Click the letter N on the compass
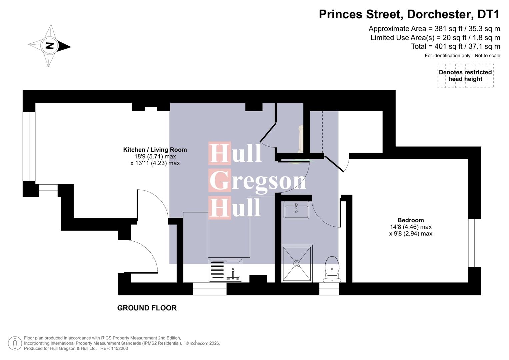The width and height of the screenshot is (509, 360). coord(50,46)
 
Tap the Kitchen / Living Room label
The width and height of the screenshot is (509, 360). coord(155,150)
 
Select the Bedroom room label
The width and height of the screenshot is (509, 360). coord(411,220)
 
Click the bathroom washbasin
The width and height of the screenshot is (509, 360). coord(296,210)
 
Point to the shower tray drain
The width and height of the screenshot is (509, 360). coord(297,263)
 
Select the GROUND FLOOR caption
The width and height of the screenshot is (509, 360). coord(147,308)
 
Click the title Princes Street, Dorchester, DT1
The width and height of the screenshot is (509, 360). coord(409,14)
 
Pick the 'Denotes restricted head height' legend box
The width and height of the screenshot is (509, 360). coord(465,76)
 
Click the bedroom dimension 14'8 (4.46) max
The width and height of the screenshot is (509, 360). coord(411,227)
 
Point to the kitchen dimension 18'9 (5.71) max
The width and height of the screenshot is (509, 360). coord(155,156)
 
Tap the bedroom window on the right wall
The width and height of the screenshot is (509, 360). coord(475,243)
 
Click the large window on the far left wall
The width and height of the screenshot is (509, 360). coord(29,146)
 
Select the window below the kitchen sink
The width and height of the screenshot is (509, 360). coord(210,289)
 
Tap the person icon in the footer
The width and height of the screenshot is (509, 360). coord(15,343)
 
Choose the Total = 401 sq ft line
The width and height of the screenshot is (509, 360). coord(455,46)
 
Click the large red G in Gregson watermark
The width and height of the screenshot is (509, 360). coord(220,180)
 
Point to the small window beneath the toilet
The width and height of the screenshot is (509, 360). coord(329,289)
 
